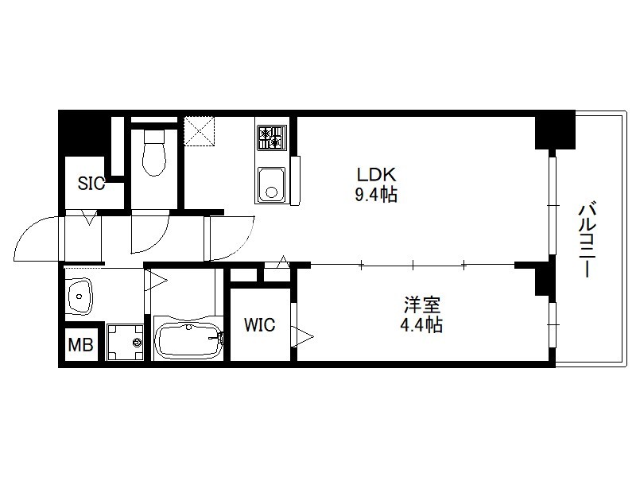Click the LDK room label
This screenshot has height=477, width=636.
(x=376, y=174)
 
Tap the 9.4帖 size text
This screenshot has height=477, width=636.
(x=376, y=195)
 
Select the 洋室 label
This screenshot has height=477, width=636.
(x=422, y=305)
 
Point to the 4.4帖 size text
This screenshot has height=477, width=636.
(x=421, y=325)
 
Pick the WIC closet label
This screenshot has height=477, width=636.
(x=260, y=324)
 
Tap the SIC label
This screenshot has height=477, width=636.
(x=91, y=184)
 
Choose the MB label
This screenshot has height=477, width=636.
(x=81, y=345)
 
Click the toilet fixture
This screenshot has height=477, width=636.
(x=154, y=153)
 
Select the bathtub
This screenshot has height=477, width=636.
(x=188, y=341)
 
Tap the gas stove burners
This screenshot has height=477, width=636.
(x=270, y=138)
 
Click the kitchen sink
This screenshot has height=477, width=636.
(x=270, y=185)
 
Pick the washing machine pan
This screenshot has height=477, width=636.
(x=125, y=342)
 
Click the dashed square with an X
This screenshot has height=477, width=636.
(x=199, y=131)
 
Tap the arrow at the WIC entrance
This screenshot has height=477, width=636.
(x=302, y=336)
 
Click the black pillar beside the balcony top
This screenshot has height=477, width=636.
(x=555, y=130)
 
